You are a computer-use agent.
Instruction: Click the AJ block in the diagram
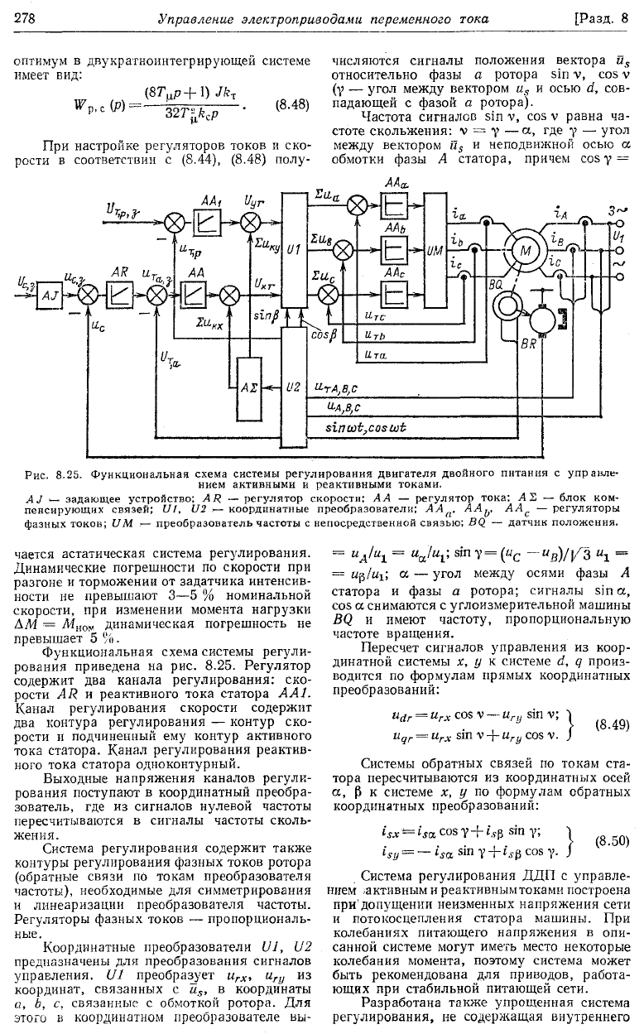(50, 295)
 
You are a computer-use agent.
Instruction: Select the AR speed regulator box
(119, 295)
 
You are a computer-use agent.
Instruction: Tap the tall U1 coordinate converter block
(294, 250)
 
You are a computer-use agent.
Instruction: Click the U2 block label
(293, 387)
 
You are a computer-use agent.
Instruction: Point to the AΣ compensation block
(250, 387)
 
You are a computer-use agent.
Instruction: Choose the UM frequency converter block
(435, 250)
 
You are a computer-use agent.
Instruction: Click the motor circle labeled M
(526, 251)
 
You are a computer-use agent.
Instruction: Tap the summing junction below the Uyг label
(251, 223)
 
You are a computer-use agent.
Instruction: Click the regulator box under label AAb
(394, 250)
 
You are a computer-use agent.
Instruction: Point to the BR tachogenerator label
(528, 344)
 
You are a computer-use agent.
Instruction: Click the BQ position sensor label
(495, 286)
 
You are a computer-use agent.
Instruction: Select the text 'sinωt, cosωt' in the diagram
(366, 427)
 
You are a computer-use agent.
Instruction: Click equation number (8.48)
(292, 104)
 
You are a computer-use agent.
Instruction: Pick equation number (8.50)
(613, 841)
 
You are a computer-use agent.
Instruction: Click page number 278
(26, 19)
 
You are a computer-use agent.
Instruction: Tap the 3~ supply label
(618, 211)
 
